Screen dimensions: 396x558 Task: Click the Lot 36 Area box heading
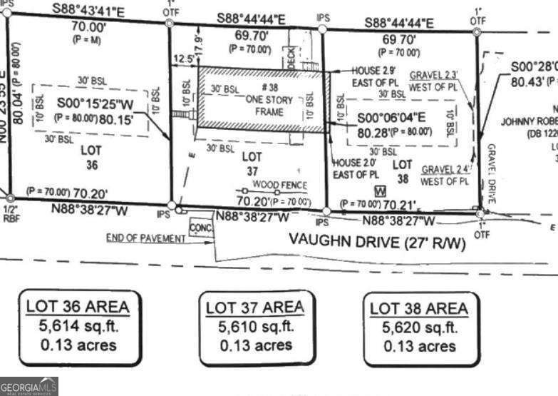tap(78, 307)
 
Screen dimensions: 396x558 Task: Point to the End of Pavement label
tap(145, 238)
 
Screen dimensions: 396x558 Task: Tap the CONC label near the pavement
tap(200, 228)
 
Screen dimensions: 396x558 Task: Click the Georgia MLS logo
tap(29, 386)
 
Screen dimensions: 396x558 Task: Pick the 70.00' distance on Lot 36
tap(88, 27)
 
